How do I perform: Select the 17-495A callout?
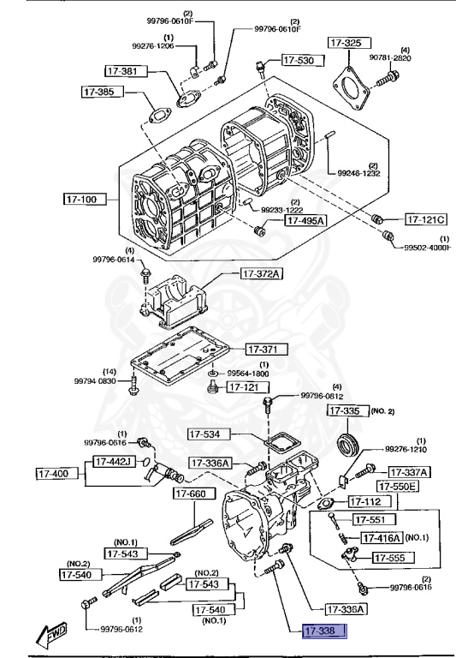coord(305,220)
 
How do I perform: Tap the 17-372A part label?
coord(261,273)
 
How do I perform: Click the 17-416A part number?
coord(381,538)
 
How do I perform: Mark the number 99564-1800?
coord(248,374)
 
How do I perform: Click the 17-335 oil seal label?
coord(346,411)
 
